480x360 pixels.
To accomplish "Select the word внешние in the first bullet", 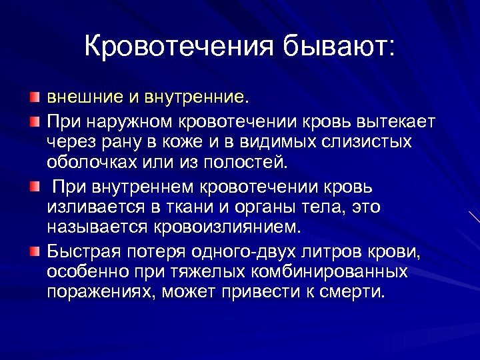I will [x=84, y=97].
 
